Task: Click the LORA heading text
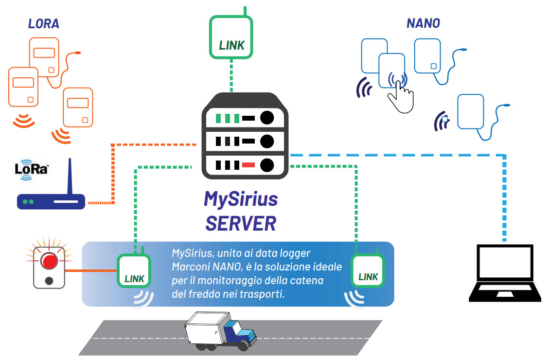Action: tap(44, 24)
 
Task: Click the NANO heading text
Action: tap(423, 24)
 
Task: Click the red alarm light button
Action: tap(49, 261)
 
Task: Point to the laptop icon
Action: tap(505, 275)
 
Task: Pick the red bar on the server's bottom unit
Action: tap(248, 164)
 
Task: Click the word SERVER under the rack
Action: tap(241, 223)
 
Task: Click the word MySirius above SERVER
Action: tap(241, 199)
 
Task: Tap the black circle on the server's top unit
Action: tap(266, 118)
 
